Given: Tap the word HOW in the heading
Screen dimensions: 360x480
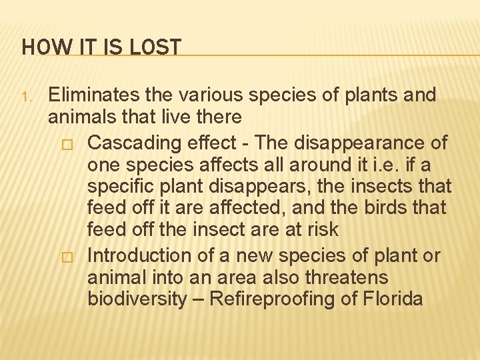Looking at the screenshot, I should [x=39, y=47].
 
